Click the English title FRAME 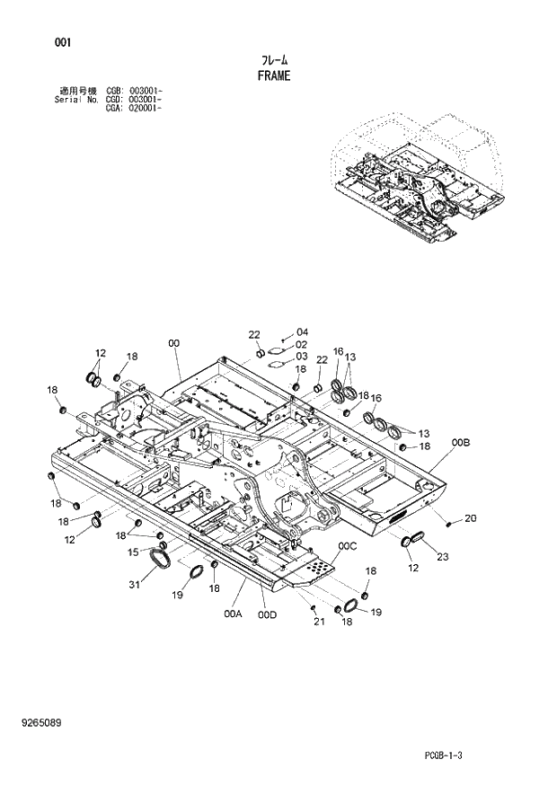(274, 76)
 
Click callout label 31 (135, 585)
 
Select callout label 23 (441, 557)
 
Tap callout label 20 (471, 517)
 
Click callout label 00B (461, 443)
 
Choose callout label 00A (233, 614)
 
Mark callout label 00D (267, 614)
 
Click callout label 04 (302, 331)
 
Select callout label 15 (132, 552)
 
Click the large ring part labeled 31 (162, 561)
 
